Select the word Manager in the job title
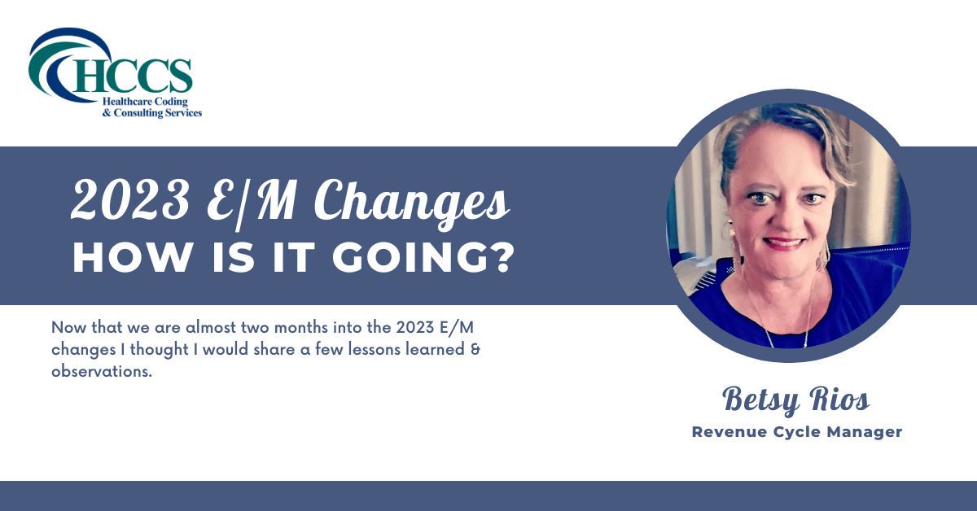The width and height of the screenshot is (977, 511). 867,432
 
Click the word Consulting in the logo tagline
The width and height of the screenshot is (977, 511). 141,113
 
